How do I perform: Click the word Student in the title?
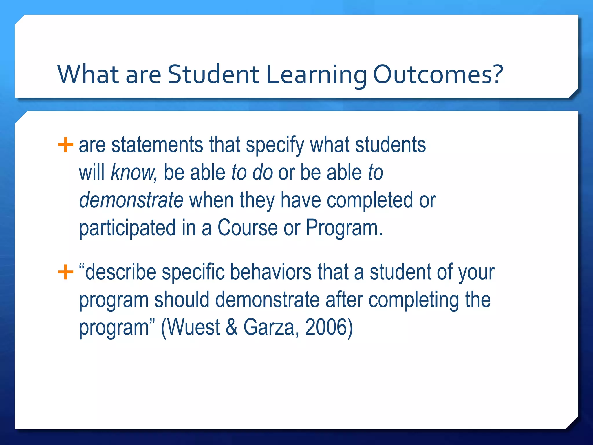[213, 74]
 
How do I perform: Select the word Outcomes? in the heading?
[438, 74]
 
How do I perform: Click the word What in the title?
[88, 74]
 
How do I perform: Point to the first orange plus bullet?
[65, 145]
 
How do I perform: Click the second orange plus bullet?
[65, 272]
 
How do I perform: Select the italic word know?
[133, 173]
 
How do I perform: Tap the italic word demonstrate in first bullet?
[131, 200]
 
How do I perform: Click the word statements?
[157, 145]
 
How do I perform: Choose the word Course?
[248, 228]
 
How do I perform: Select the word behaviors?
[271, 272]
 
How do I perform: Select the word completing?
[414, 300]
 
